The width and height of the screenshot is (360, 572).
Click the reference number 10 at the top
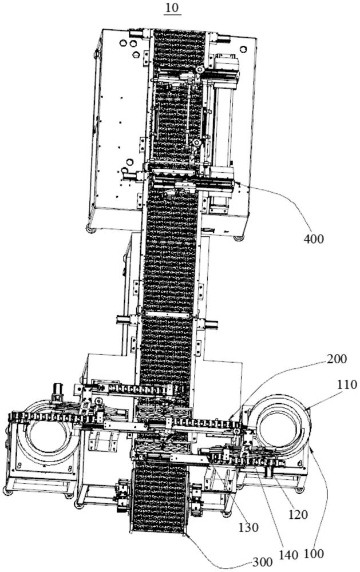tap(172, 7)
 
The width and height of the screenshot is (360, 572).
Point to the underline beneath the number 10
tap(172, 14)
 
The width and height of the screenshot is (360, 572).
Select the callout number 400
tap(314, 239)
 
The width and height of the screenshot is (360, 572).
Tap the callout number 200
tap(337, 359)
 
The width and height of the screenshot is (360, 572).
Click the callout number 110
tap(347, 384)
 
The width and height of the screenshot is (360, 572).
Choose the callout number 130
tap(248, 527)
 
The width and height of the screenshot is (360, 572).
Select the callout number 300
tap(263, 562)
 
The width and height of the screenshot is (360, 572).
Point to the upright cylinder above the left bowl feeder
tap(58, 392)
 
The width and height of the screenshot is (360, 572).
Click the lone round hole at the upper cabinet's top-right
tap(243, 49)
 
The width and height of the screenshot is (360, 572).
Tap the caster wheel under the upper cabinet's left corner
tap(90, 229)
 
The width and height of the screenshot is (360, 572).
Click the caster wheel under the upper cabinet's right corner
tap(239, 237)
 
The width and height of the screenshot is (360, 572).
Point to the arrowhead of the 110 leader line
tap(307, 407)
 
